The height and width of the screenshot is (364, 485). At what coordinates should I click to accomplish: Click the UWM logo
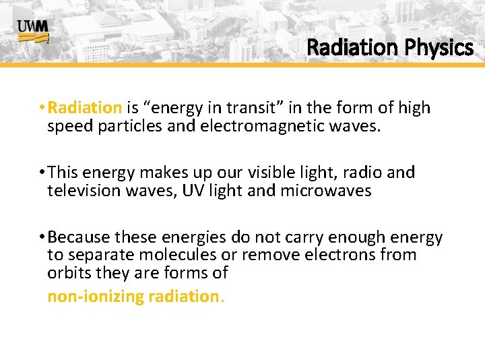[33, 30]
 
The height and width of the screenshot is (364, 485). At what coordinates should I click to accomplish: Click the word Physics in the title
[438, 48]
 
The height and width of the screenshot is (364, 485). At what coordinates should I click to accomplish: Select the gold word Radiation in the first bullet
[85, 108]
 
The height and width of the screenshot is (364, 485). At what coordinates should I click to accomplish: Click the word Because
[79, 237]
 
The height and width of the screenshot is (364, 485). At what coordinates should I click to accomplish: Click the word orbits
[69, 274]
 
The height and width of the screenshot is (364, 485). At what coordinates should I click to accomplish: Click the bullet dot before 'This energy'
[42, 173]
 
